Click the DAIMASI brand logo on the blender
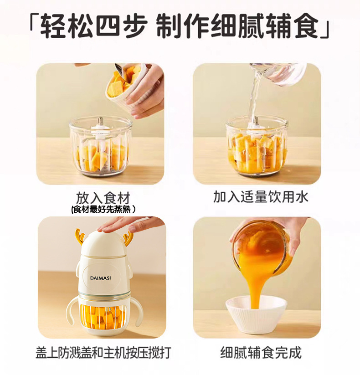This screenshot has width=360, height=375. (100, 278)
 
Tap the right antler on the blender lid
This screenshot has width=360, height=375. (127, 236)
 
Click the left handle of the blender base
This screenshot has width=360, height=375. (72, 311)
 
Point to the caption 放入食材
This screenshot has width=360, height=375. (103, 198)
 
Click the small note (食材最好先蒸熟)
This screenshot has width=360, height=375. (103, 210)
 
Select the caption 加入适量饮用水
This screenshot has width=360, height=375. (261, 197)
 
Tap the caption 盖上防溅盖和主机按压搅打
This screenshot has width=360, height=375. (103, 352)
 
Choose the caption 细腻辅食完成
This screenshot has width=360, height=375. (261, 352)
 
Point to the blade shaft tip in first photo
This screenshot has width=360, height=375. (100, 119)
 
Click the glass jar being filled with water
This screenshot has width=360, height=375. (257, 146)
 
